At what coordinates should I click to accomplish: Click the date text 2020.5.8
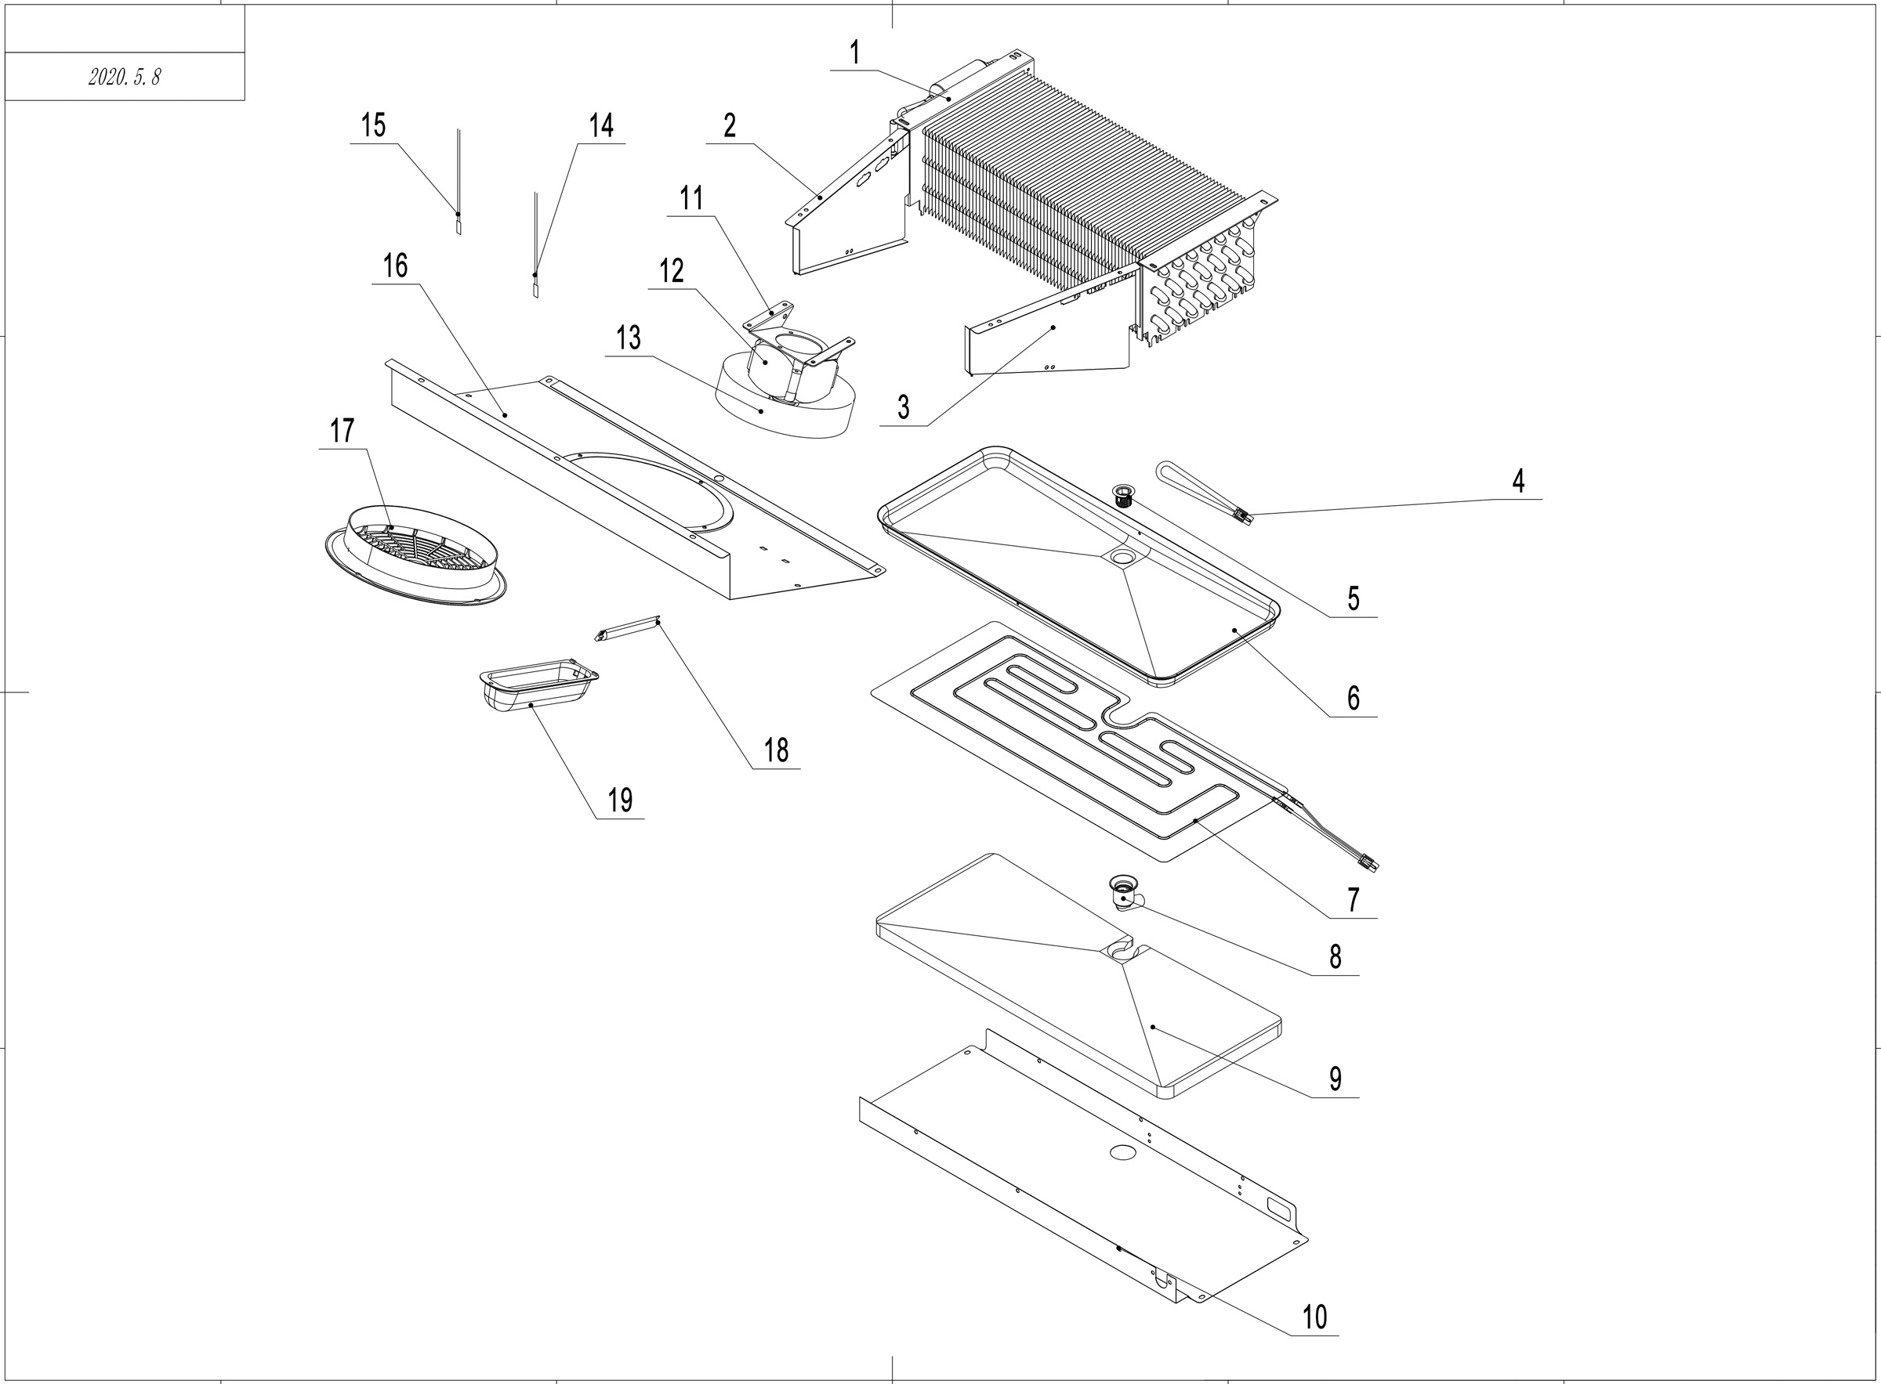pos(124,77)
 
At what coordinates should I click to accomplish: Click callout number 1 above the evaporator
pos(854,53)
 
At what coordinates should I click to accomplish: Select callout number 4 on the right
pos(1518,482)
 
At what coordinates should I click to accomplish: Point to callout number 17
pos(342,432)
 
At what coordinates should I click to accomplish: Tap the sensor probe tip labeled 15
pos(458,224)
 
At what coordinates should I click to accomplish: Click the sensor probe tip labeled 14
pos(535,287)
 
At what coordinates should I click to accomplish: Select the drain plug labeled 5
pos(1123,494)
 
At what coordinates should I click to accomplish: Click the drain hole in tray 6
pos(1122,556)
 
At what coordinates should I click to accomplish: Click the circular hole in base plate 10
pos(1122,1153)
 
